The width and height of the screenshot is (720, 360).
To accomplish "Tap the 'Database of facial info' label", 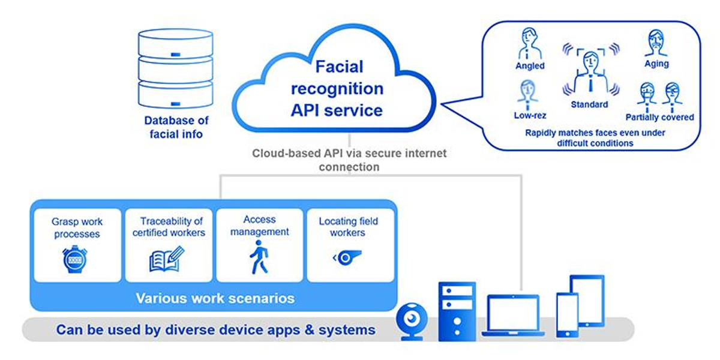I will pyautogui.click(x=176, y=127).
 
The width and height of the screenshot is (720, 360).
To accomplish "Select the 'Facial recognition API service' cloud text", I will pyautogui.click(x=337, y=89).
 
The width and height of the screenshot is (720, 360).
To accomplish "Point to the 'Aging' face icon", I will pyautogui.click(x=657, y=43).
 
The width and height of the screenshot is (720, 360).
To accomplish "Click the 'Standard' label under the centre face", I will pyautogui.click(x=589, y=104).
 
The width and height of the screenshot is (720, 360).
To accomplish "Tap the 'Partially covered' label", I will pyautogui.click(x=659, y=117).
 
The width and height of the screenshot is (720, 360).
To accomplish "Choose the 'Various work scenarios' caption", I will pyautogui.click(x=215, y=298).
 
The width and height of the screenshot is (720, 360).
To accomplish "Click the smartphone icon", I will pyautogui.click(x=567, y=316).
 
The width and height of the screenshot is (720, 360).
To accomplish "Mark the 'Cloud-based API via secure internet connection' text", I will pyautogui.click(x=349, y=160).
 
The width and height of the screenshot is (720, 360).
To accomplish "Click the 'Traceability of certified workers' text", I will pyautogui.click(x=168, y=227).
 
